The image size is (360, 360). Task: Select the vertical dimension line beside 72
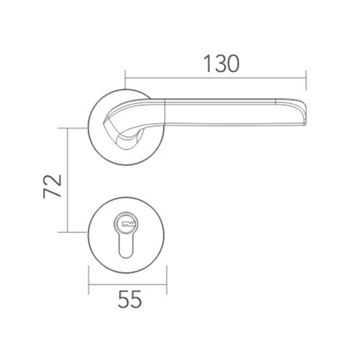68,180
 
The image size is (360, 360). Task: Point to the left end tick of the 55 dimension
89,284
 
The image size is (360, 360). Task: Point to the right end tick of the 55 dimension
168,284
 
